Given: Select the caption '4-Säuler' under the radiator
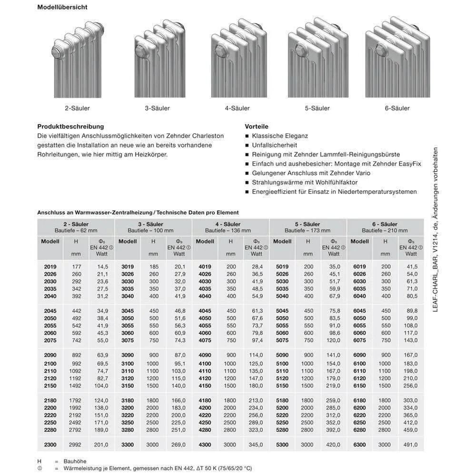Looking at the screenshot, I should point(237,109).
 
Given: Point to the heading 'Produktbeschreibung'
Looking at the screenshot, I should point(70,127).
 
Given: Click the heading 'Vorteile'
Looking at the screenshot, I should point(257,127).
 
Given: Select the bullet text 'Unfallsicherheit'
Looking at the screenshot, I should point(275,145).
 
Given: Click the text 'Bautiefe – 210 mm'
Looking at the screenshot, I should point(385,230).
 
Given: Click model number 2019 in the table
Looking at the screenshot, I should point(50,267).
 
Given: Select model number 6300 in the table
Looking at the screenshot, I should point(359,445).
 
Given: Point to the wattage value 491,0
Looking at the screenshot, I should point(410,445).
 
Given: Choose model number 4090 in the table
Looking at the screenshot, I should point(205,355).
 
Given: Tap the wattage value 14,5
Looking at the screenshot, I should point(103,267).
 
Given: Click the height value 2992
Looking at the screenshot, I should point(76,445).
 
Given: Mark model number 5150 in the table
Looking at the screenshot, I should point(282,386).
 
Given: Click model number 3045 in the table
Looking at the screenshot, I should point(127,311).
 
